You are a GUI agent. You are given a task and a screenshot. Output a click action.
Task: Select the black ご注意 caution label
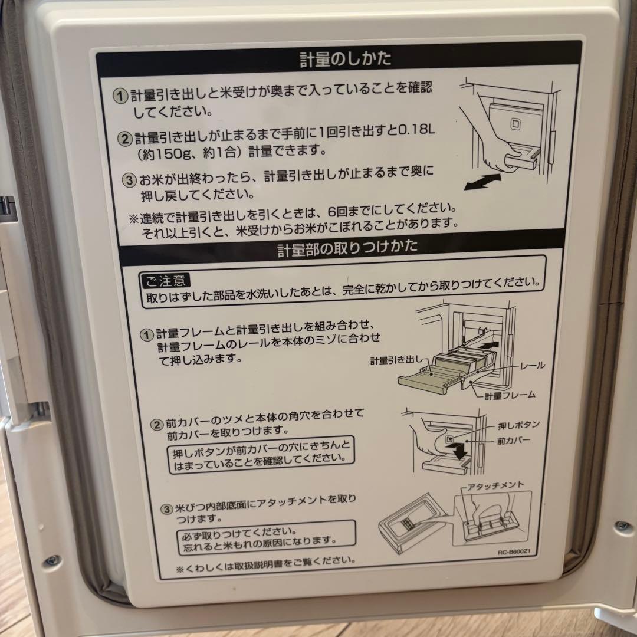click(166, 280)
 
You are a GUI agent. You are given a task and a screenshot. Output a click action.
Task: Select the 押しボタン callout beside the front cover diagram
click(518, 425)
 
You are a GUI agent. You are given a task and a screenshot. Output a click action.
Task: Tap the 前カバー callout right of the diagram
click(514, 441)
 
